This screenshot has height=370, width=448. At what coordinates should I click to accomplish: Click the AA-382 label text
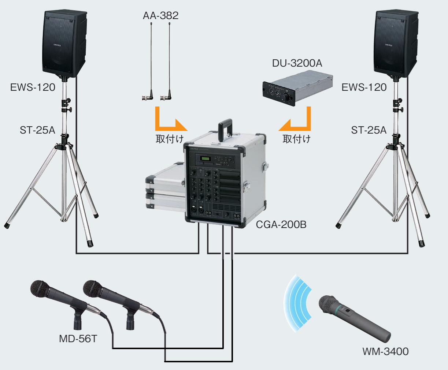tap(161, 15)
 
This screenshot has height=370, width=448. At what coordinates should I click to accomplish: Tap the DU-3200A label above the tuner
tap(297, 63)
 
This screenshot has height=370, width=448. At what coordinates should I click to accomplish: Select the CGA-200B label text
tap(281, 225)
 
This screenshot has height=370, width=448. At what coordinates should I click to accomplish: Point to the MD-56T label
tap(78, 339)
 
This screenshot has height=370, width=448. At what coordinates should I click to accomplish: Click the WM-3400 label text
tap(386, 352)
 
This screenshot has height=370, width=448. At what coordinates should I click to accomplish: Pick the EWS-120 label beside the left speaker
tap(33, 87)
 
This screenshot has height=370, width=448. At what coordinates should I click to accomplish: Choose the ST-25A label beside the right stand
tap(369, 130)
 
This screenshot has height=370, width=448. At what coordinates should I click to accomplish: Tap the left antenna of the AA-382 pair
tap(150, 62)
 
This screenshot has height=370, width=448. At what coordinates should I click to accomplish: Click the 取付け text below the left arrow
tap(170, 139)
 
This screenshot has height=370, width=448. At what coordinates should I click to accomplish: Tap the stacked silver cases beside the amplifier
tap(165, 187)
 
